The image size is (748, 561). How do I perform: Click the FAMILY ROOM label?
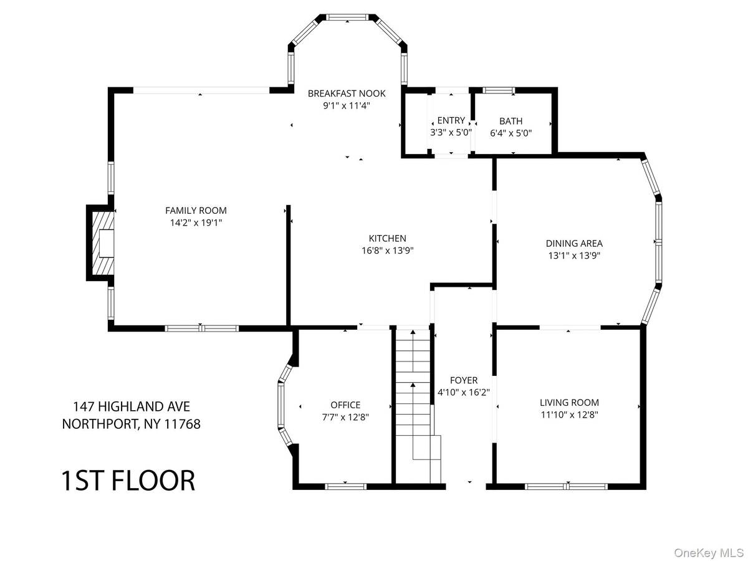[196, 211]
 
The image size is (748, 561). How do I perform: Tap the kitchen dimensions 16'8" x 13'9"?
[387, 251]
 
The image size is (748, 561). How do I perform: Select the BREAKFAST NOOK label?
[346, 93]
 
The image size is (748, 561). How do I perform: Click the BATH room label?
[511, 121]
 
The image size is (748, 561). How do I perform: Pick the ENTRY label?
[451, 120]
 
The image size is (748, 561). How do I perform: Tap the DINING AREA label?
[574, 243]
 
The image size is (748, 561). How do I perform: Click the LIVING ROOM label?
[569, 402]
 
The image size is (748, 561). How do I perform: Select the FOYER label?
[464, 380]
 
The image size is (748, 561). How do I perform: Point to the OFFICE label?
[345, 405]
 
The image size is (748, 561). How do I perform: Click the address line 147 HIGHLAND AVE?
[132, 406]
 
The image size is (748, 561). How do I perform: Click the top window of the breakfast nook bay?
[347, 17]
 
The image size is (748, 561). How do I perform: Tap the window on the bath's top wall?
[499, 90]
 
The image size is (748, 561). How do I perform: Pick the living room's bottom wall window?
[566, 486]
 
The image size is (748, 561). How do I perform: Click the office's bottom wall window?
[345, 486]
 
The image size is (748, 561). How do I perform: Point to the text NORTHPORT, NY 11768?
[131, 424]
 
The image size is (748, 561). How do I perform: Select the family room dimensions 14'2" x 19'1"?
[196, 223]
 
